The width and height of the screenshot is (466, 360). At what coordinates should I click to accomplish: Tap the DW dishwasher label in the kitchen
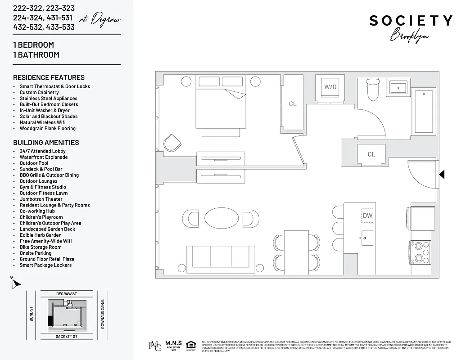[368, 216]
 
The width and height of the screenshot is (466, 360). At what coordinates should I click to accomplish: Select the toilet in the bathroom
[373, 90]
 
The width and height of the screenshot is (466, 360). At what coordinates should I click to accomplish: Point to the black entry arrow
[442, 174]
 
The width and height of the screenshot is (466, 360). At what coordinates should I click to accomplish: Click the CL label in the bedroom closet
[293, 104]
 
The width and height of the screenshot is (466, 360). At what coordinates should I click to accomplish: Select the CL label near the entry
[371, 154]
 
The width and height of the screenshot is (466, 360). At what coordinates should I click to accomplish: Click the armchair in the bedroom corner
[172, 143]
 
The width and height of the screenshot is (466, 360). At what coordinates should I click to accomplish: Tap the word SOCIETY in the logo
[411, 21]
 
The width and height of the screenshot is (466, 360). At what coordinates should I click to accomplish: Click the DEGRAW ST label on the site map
[67, 294]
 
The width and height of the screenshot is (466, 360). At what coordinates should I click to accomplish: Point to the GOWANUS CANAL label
[103, 314]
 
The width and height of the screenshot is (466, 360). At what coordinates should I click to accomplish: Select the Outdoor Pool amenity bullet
[34, 163]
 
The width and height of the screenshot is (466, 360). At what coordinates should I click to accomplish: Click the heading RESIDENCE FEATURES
[49, 77]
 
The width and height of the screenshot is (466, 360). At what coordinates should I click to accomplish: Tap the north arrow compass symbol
[16, 283]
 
